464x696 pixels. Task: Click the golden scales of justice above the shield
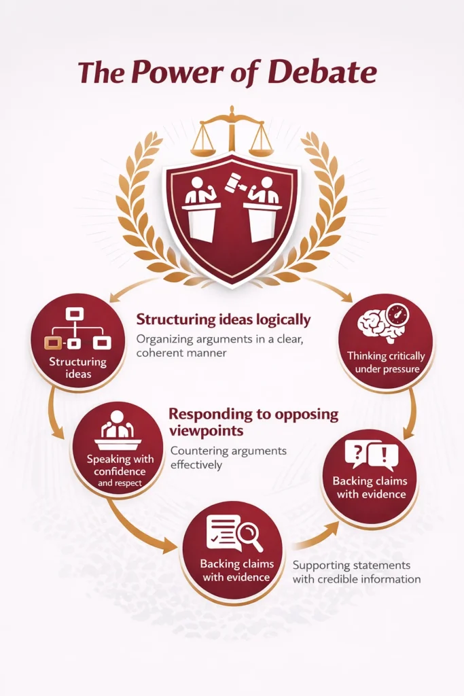pyautogui.click(x=232, y=131)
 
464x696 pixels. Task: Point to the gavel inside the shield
pyautogui.click(x=234, y=181)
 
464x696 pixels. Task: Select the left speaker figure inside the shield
pyautogui.click(x=200, y=209)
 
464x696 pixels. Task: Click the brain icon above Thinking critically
pyautogui.click(x=378, y=326)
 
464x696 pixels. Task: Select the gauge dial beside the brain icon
pyautogui.click(x=397, y=313)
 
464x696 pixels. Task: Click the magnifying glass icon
pyautogui.click(x=250, y=536)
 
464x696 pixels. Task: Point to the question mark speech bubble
pyautogui.click(x=359, y=453)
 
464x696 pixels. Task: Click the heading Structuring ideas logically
pyautogui.click(x=223, y=319)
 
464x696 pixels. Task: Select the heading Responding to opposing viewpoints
pyautogui.click(x=253, y=422)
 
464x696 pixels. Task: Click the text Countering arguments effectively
pyautogui.click(x=228, y=457)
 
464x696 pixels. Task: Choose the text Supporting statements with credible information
pyautogui.click(x=357, y=572)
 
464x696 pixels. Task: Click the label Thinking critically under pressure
pyautogui.click(x=386, y=362)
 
